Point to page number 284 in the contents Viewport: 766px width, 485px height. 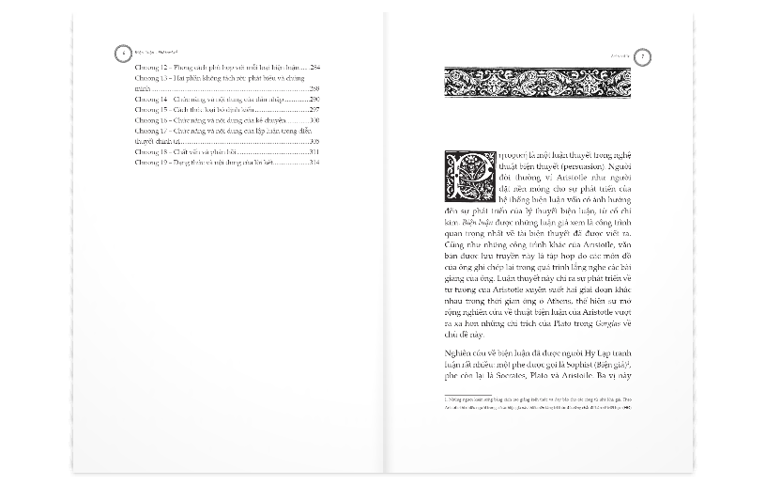[x=315, y=68]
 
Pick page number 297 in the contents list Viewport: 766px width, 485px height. [x=315, y=110]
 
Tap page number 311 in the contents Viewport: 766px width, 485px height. [x=315, y=152]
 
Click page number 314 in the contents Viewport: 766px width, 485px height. [x=315, y=163]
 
